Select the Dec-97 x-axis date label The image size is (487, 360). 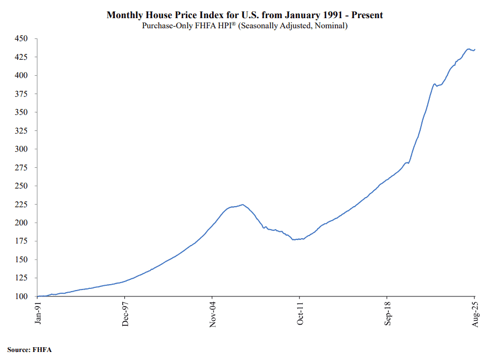(x=125, y=312)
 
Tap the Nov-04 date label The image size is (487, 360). (x=213, y=312)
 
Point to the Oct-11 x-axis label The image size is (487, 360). (x=300, y=312)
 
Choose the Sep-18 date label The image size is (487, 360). (x=387, y=312)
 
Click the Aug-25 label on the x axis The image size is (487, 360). (x=475, y=312)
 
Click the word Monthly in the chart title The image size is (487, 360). (x=125, y=15)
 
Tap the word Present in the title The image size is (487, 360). (x=367, y=15)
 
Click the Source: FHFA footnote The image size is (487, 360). (x=29, y=349)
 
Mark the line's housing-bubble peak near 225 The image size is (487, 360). (x=242, y=204)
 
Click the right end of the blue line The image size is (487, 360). (x=475, y=49)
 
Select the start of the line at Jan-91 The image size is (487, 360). (x=38, y=296)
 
